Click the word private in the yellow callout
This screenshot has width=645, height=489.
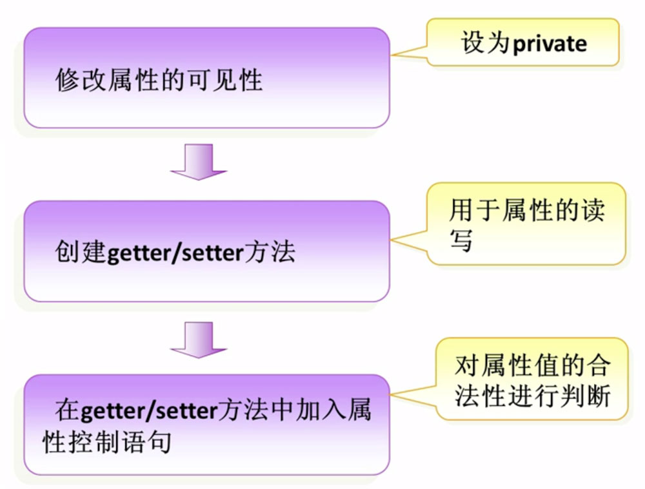[550, 44]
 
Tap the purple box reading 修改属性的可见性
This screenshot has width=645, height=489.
[206, 78]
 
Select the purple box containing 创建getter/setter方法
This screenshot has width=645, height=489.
[206, 251]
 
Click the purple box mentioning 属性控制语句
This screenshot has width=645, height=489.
[206, 425]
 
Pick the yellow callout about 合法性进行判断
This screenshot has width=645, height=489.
[531, 380]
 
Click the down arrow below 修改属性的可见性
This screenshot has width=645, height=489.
[198, 162]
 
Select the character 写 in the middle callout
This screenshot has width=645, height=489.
[461, 240]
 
